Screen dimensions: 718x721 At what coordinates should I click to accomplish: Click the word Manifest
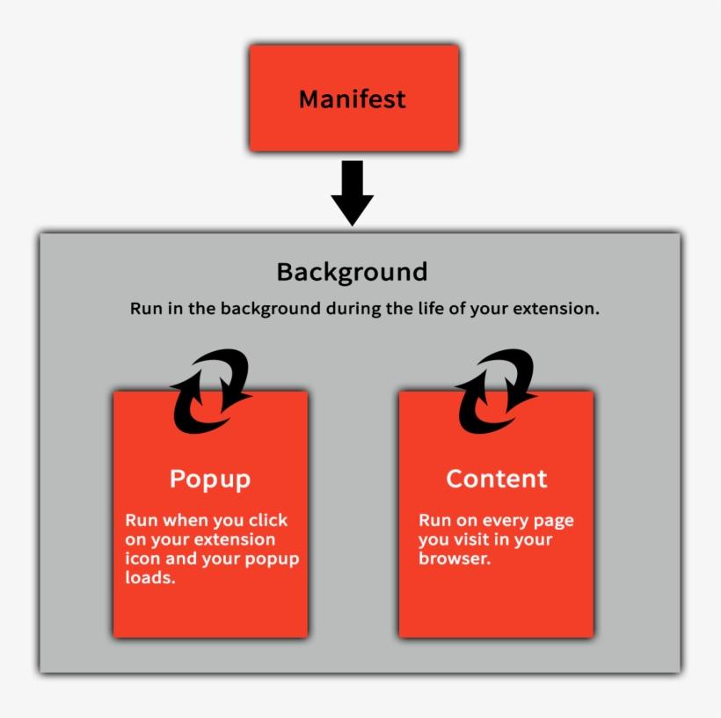coord(352,99)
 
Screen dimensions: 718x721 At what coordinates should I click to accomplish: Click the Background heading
coord(352,271)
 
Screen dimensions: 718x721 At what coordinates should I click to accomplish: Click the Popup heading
coord(210,480)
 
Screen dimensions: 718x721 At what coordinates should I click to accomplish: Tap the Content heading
coord(496,479)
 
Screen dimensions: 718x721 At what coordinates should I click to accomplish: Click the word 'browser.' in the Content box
coord(454,559)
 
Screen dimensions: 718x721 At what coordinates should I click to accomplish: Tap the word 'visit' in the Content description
coord(477,540)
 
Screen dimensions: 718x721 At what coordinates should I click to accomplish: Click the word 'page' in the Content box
coord(553,521)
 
